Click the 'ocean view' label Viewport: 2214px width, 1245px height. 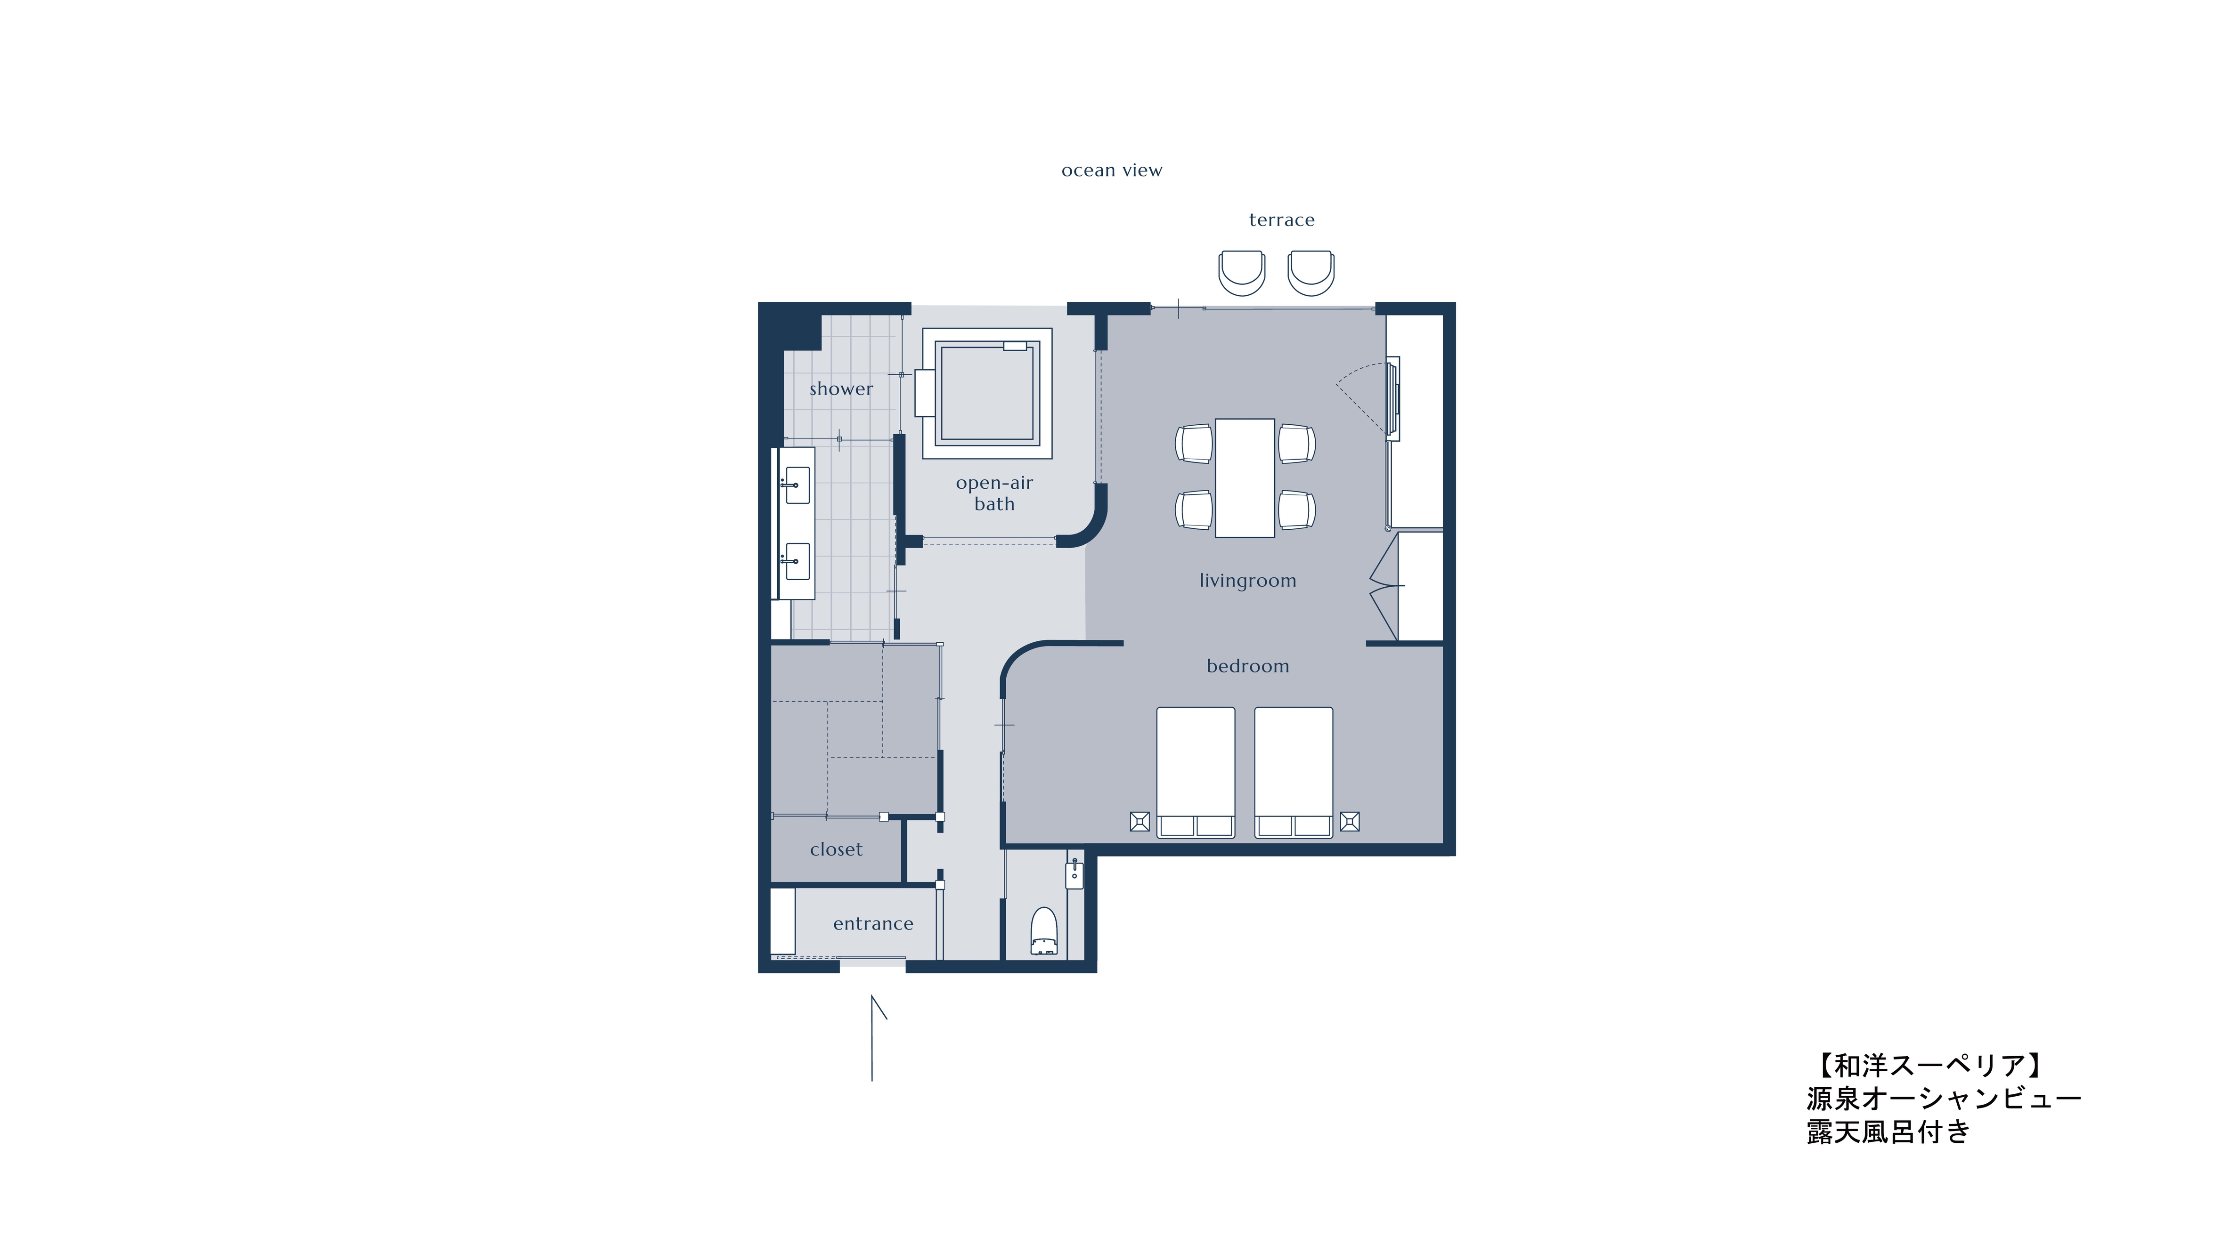click(x=1111, y=170)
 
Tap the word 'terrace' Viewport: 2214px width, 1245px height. click(x=1281, y=220)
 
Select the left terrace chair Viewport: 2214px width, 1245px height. click(x=1242, y=272)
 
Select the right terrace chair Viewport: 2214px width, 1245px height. click(x=1310, y=272)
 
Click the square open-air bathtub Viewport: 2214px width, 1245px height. click(x=987, y=393)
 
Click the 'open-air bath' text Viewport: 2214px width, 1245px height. click(x=994, y=493)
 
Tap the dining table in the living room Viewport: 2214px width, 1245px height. click(x=1245, y=478)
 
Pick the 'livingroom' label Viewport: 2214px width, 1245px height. click(x=1248, y=581)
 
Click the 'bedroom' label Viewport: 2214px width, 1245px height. click(x=1248, y=666)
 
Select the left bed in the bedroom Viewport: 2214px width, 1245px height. click(x=1196, y=772)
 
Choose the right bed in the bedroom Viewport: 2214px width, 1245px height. click(x=1294, y=772)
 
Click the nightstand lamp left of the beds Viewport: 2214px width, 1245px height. click(x=1140, y=821)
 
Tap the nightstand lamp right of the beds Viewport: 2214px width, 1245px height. click(x=1350, y=821)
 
